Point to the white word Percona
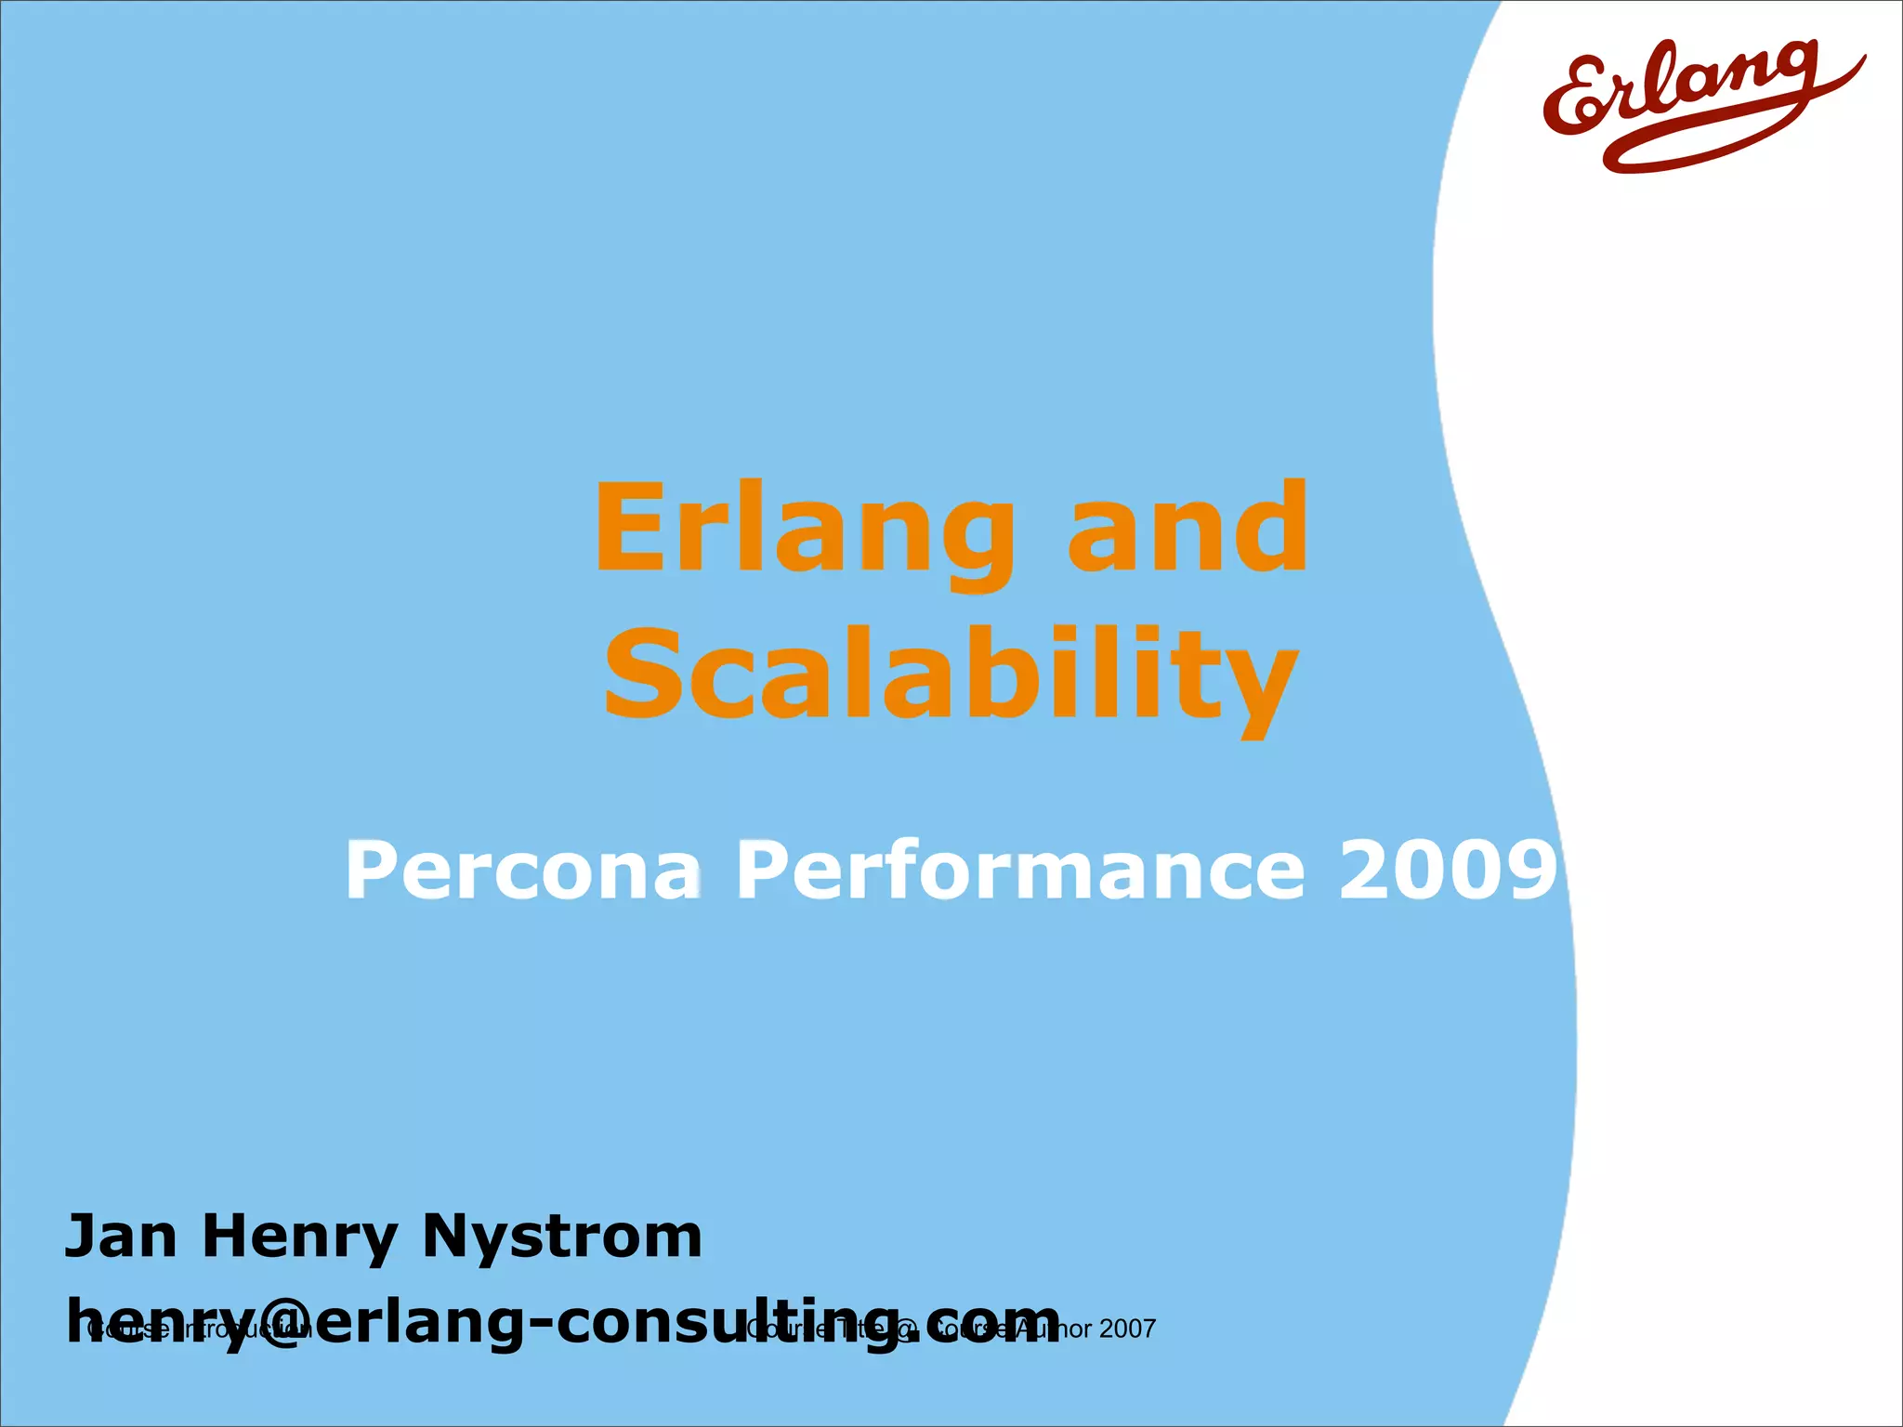pyautogui.click(x=523, y=871)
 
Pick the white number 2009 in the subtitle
pyautogui.click(x=1448, y=871)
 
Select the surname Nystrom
pyautogui.click(x=562, y=1238)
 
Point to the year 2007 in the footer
pyautogui.click(x=1127, y=1329)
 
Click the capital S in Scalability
pyautogui.click(x=643, y=673)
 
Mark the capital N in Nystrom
pyautogui.click(x=446, y=1237)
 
